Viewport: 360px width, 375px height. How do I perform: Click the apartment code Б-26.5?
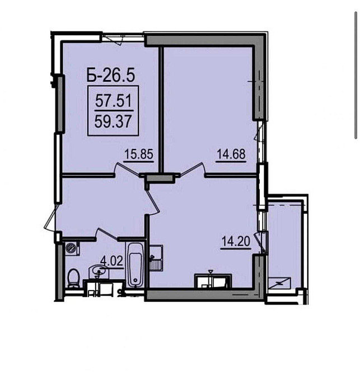111,74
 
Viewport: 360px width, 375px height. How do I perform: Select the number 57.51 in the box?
114,100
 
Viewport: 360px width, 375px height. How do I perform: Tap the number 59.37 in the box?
113,121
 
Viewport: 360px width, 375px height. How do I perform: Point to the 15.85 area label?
139,154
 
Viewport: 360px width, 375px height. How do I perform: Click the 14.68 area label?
231,154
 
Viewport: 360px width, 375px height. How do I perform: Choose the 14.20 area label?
236,241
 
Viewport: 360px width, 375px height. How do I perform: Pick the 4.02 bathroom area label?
112,261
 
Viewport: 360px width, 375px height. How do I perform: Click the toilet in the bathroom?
73,278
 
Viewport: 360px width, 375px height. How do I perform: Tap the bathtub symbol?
135,265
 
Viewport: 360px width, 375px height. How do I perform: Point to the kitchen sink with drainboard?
156,258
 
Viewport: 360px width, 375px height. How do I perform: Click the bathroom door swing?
106,234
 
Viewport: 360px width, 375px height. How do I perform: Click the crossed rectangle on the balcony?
279,283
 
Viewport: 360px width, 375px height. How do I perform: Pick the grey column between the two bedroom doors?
160,179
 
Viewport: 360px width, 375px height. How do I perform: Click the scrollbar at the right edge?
356,75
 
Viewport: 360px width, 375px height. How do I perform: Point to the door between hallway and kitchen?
152,199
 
